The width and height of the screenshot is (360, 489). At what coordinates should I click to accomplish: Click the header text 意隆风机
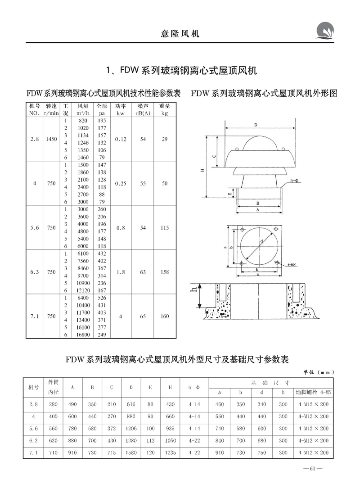180,33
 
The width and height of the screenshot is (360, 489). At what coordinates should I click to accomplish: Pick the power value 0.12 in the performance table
120,140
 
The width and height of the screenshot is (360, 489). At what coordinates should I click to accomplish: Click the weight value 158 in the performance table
164,272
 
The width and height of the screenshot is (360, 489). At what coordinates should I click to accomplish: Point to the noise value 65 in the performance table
143,317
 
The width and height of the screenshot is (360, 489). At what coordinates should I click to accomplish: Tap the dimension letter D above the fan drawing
255,125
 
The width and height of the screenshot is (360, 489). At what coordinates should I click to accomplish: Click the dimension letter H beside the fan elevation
202,171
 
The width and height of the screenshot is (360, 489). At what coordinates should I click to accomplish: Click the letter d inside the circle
262,241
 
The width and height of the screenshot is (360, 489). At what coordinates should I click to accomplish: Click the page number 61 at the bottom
313,471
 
